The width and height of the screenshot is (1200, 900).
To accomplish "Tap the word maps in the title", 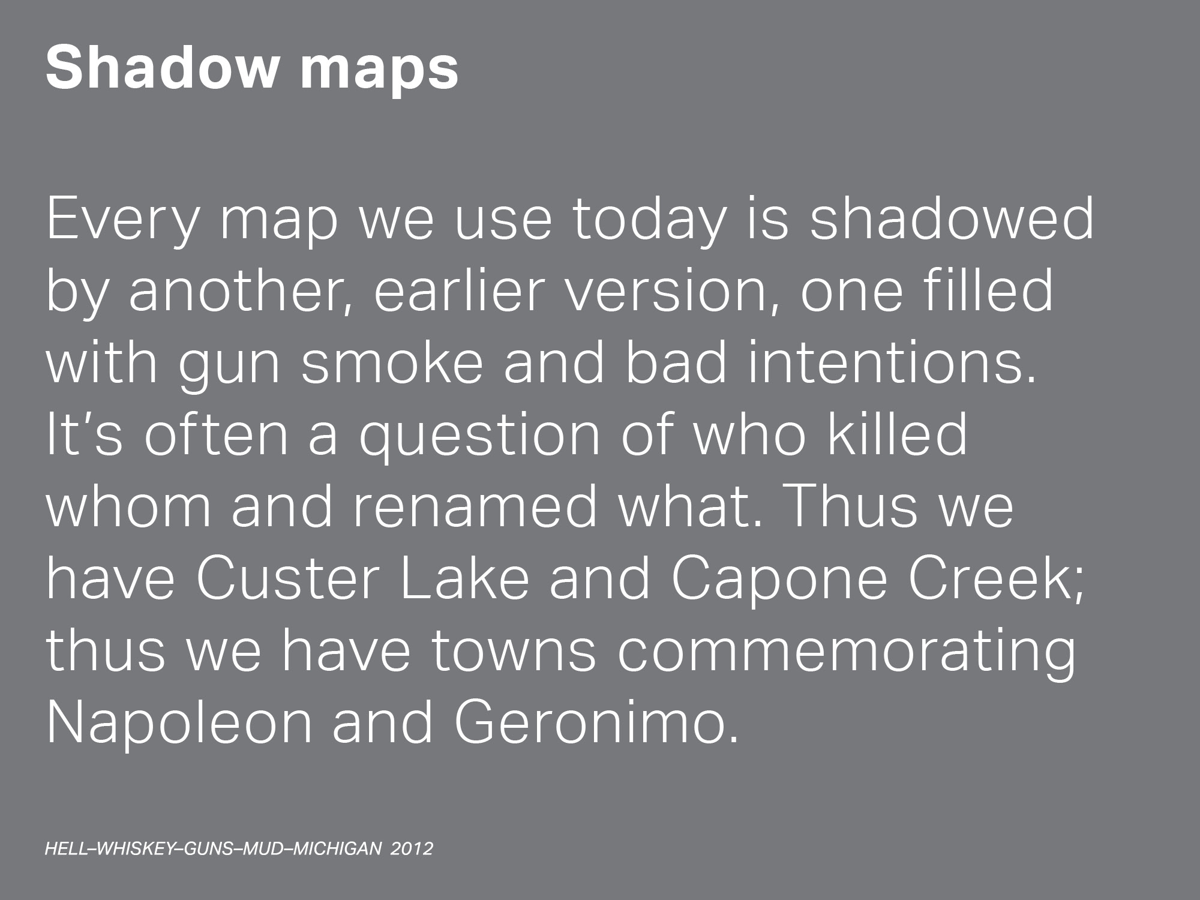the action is click(379, 74).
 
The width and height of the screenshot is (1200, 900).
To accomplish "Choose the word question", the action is click(479, 437).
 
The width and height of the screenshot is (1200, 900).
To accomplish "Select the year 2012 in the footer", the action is click(412, 849).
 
